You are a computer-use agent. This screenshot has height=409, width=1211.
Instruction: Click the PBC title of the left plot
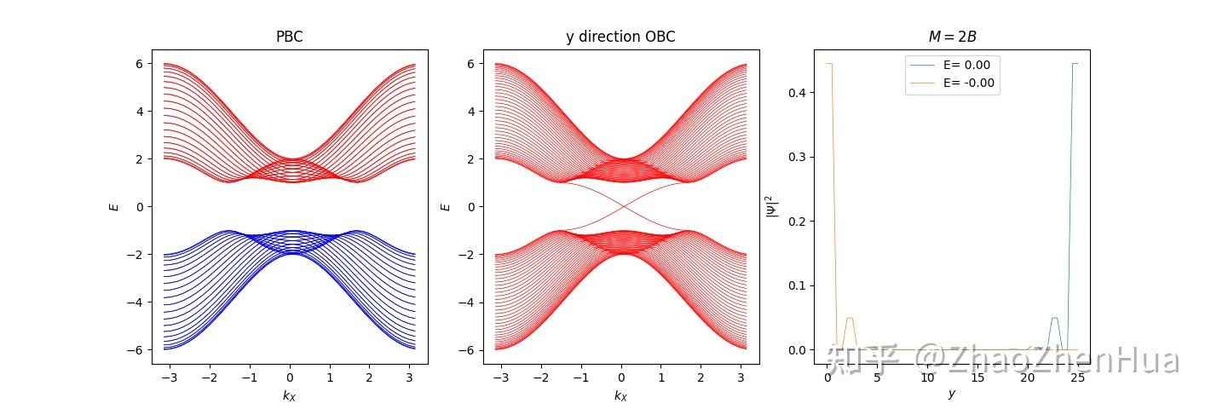coord(290,37)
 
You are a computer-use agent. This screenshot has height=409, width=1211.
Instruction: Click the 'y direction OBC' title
coord(620,37)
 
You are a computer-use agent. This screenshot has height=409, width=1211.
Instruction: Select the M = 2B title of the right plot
coord(951,37)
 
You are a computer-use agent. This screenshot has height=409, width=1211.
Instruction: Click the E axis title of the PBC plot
coord(114,206)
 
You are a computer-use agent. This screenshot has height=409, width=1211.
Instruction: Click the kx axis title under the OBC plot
coord(620,395)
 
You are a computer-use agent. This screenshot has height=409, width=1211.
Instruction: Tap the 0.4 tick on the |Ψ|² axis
coord(798,92)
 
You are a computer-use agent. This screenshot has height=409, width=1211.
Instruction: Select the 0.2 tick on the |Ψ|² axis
coord(798,221)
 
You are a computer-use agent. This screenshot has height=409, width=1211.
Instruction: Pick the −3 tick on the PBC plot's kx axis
coord(165,376)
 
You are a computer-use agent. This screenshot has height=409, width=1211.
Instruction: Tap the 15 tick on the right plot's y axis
coord(977,376)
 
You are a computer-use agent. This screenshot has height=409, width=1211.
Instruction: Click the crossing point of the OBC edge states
coord(621,206)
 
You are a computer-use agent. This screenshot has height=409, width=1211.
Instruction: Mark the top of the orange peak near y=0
coord(828,64)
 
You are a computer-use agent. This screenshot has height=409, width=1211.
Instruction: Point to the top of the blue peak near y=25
coord(1075,64)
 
